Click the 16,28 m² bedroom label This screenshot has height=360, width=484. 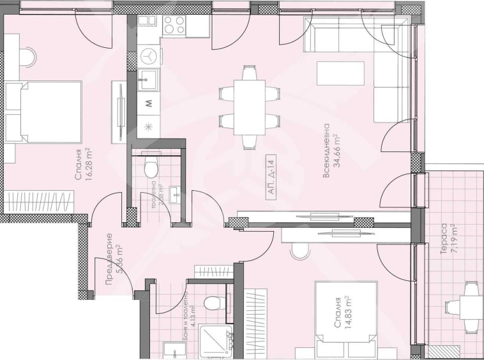(83, 167)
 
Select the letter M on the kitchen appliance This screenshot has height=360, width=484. (149, 102)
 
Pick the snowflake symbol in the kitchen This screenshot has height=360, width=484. (149, 126)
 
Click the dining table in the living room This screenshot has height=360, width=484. (248, 106)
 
